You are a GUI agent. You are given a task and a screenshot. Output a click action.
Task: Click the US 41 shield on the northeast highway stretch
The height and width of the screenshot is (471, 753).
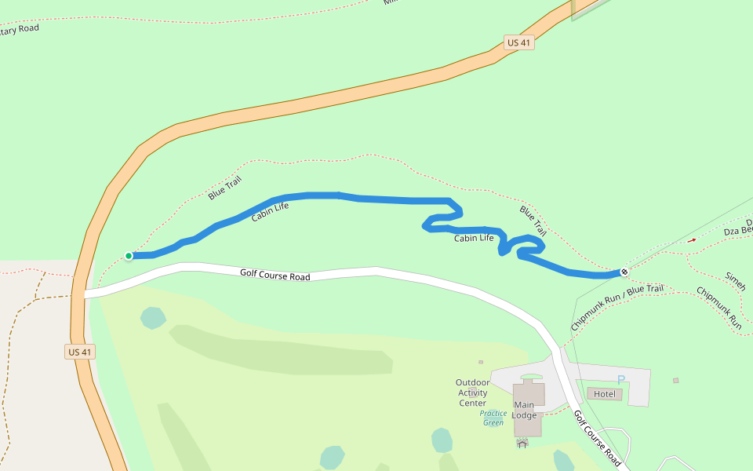[x=519, y=42]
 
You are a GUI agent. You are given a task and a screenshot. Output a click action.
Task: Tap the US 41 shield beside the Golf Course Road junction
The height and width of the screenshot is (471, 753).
[x=80, y=352]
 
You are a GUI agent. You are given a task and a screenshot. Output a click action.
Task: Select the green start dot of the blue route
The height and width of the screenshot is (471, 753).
[x=129, y=255]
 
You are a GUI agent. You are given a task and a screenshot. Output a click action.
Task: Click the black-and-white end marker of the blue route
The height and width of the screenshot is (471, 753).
[x=624, y=272]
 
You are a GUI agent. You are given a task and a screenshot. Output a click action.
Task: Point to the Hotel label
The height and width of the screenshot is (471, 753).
[x=605, y=393]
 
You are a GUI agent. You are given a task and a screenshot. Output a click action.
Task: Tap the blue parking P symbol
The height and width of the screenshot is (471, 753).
[x=621, y=380]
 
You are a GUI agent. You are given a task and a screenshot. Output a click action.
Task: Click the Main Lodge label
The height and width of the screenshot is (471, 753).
[x=524, y=410]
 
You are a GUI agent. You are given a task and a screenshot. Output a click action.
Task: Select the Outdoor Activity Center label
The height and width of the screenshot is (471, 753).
[x=473, y=392]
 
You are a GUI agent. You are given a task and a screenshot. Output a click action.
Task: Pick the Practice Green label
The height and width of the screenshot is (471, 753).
[x=493, y=418]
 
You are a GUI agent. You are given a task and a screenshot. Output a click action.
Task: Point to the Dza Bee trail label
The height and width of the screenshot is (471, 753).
[x=738, y=231]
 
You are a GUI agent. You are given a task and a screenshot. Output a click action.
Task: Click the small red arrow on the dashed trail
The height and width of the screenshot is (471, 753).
[x=691, y=240]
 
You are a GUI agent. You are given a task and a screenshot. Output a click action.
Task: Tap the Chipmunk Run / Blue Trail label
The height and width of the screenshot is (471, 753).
[x=617, y=307]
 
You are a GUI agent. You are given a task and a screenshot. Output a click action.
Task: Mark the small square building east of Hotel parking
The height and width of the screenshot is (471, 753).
[x=675, y=381]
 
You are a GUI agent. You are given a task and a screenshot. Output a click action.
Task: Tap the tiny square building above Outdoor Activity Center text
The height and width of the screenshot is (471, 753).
[x=481, y=363]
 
